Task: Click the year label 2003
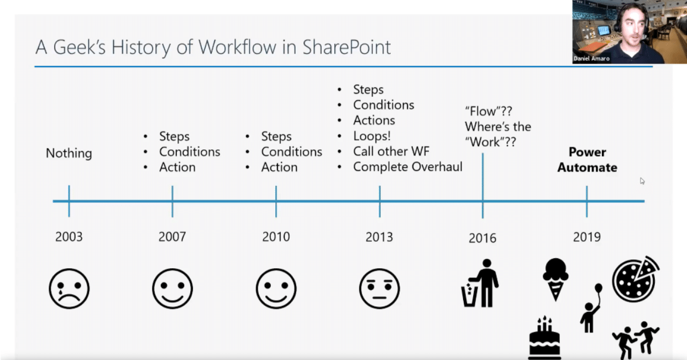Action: click(x=69, y=237)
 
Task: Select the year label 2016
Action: click(x=483, y=238)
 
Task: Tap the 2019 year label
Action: click(x=587, y=237)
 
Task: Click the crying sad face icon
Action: click(x=69, y=289)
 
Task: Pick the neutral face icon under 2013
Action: click(x=379, y=289)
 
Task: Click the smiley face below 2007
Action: click(x=172, y=289)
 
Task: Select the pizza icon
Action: click(x=636, y=279)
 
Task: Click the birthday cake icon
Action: click(x=545, y=337)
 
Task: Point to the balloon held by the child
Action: click(x=599, y=289)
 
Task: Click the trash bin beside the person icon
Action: click(x=470, y=295)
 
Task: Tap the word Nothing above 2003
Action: click(x=69, y=153)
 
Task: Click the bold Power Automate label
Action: click(x=587, y=160)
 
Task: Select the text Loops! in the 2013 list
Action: click(x=372, y=136)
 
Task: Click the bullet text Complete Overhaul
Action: click(x=407, y=166)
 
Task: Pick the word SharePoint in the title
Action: click(x=346, y=47)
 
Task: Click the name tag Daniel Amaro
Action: click(x=591, y=59)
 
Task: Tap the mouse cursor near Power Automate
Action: click(x=642, y=181)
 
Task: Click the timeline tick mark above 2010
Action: click(x=276, y=201)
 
